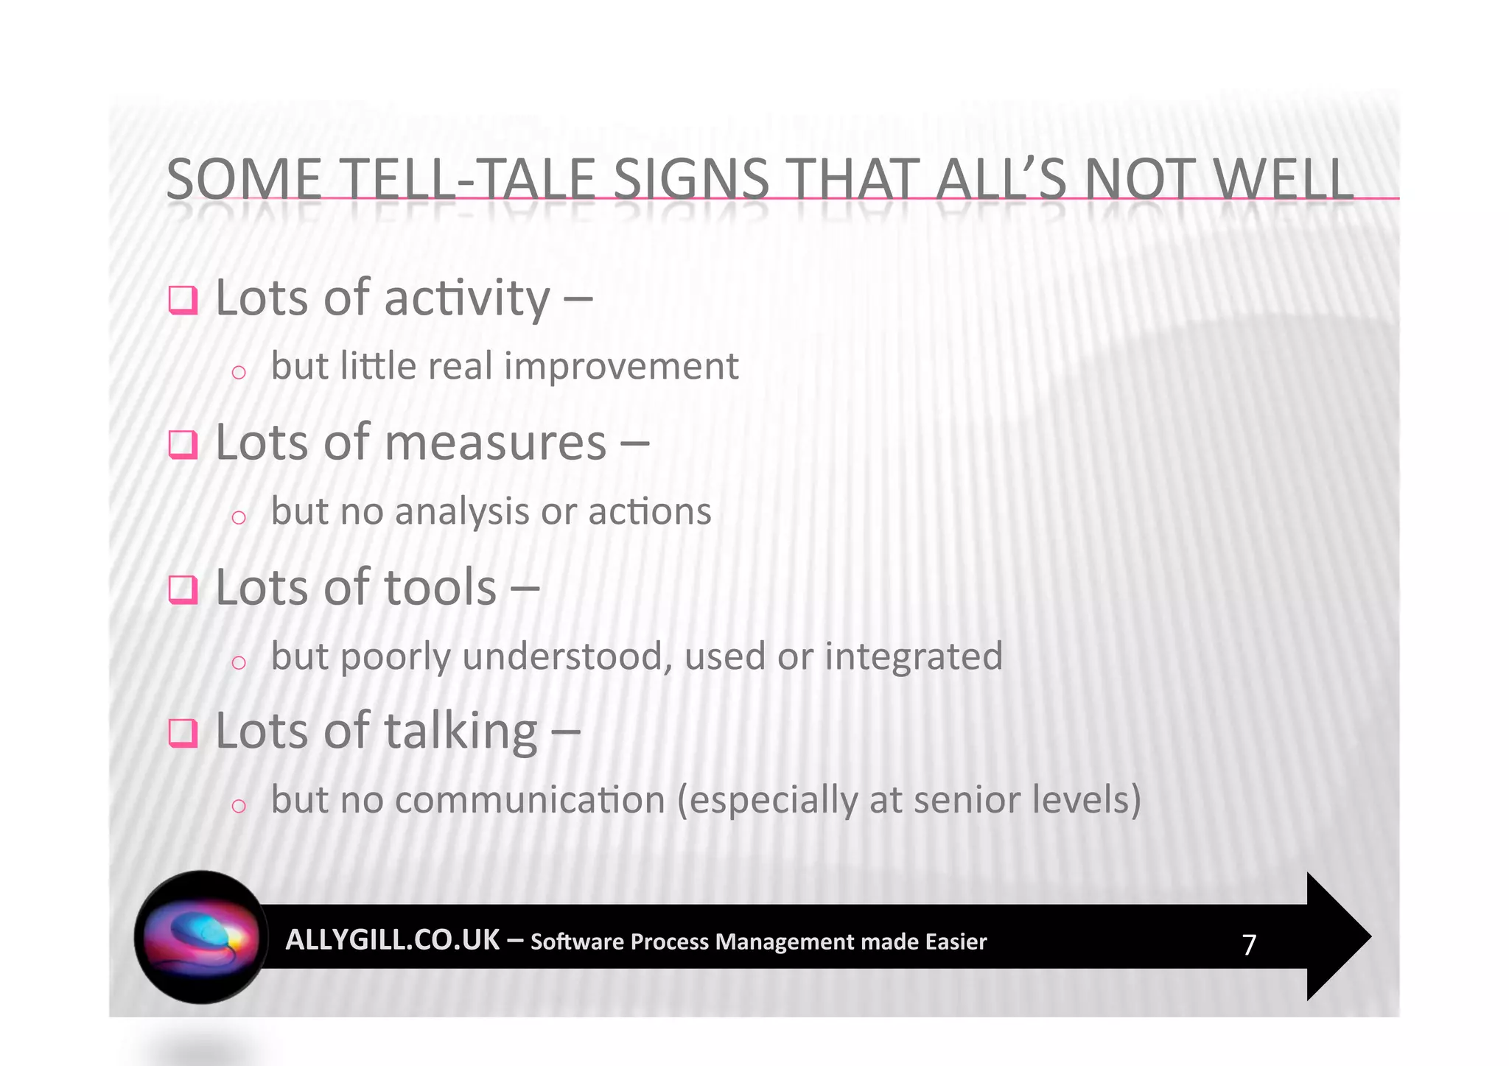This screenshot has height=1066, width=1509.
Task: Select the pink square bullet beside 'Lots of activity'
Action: coord(183,300)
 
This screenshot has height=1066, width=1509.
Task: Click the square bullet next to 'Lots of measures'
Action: coord(183,444)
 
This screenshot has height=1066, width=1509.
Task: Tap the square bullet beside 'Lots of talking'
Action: coord(183,733)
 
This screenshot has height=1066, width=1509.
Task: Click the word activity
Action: coord(466,299)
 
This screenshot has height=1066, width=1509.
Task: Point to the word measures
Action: coord(495,443)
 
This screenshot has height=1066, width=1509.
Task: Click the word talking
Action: coord(461,732)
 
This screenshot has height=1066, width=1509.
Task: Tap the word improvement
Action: coord(621,366)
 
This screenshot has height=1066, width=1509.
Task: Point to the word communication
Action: coord(530,800)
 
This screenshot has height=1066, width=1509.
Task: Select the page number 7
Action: coord(1249,944)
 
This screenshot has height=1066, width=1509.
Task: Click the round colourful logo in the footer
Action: coord(201,937)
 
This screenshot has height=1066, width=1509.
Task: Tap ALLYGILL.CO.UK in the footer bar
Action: coord(392,940)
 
